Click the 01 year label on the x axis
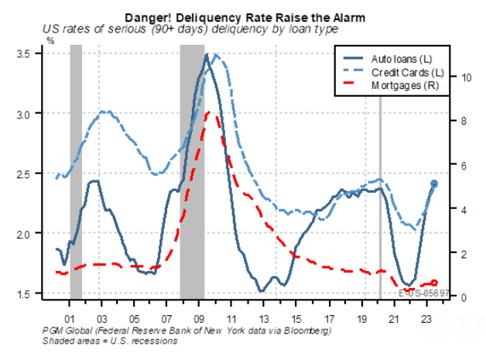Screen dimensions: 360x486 coord(70,317)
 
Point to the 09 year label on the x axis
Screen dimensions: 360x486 coord(200,317)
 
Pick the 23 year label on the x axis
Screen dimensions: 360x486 coord(426,317)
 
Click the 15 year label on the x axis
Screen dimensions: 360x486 coord(296,317)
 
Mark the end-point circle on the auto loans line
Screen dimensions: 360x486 coord(433,183)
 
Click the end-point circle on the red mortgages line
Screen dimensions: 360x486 coord(434,283)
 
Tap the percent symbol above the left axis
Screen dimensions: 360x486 coord(51,39)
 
